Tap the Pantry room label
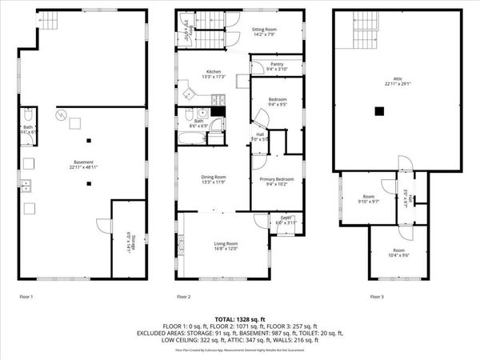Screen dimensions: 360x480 [276, 66]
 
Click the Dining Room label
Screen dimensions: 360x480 [214, 178]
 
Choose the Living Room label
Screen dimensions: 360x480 [226, 246]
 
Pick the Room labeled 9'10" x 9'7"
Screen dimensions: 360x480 [368, 198]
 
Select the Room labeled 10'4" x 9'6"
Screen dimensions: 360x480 [399, 253]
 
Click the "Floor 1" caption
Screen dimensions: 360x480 [26, 297]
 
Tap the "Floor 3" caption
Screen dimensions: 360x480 [377, 297]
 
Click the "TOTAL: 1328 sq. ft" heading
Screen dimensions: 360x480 [240, 318]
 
